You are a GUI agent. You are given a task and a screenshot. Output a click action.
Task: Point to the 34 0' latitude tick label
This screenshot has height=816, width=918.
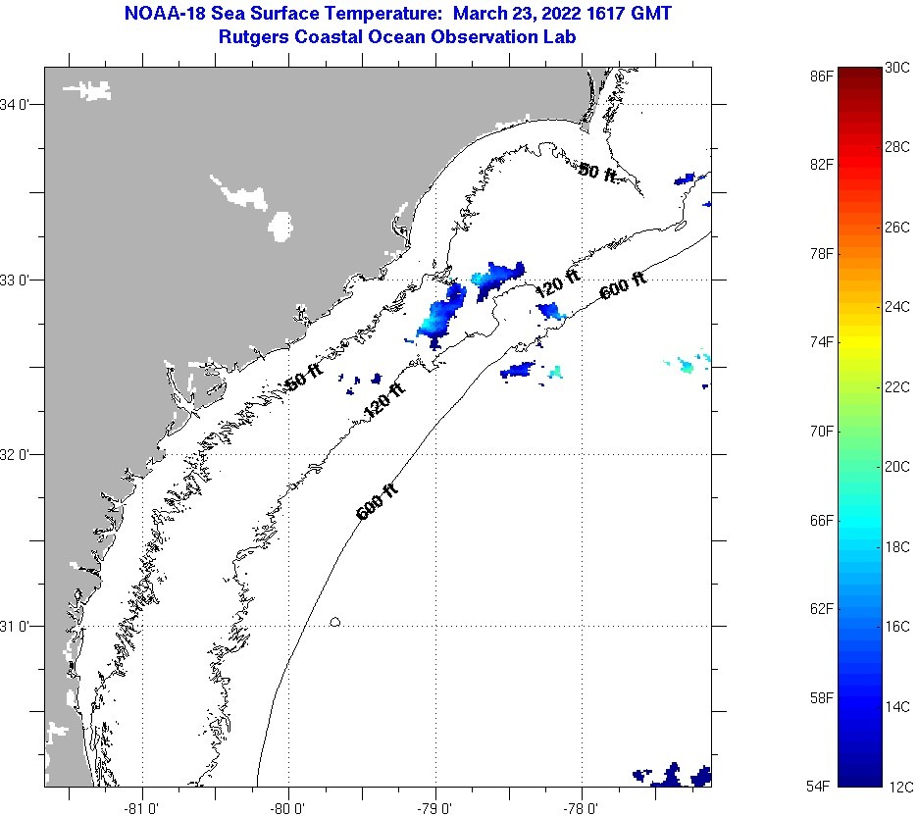click(19, 104)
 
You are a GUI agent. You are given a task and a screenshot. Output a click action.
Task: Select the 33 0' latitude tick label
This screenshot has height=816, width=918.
click(19, 280)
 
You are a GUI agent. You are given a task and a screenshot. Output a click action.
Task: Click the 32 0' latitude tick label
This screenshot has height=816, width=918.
click(19, 454)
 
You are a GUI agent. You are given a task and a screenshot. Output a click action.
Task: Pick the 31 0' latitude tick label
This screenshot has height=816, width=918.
click(19, 626)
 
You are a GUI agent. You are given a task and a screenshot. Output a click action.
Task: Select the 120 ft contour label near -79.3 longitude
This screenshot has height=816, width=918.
click(384, 401)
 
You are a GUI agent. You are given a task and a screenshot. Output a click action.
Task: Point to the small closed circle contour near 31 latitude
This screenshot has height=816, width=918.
click(335, 621)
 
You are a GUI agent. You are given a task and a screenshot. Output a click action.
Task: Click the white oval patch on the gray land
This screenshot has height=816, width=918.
click(281, 226)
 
